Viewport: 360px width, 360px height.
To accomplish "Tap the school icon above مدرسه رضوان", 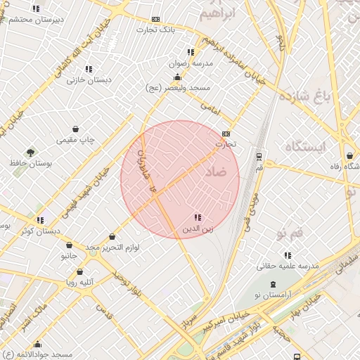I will [x=190, y=52].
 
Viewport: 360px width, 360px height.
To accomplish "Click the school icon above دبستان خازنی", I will [x=89, y=69].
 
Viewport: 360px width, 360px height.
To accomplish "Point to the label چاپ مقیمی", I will [x=75, y=141].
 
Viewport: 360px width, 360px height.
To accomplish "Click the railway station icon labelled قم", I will [x=259, y=156].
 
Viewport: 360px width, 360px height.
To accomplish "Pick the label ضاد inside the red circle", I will [x=217, y=171].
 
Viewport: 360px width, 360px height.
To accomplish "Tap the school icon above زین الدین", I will [x=198, y=218].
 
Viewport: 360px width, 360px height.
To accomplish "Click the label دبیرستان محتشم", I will [x=36, y=19].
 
